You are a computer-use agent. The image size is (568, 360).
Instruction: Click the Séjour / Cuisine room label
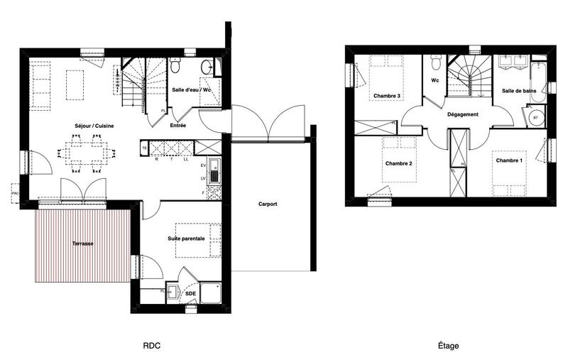coord(94,126)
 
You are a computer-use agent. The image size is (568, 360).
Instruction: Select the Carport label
coord(268,204)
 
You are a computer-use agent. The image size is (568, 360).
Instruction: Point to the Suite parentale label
coord(186,239)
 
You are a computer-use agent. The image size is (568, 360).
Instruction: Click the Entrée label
coord(179,126)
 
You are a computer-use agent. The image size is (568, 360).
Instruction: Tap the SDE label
coord(190,293)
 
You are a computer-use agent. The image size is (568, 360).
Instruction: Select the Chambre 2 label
coord(399,163)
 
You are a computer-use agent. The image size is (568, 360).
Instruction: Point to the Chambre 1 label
coord(509,161)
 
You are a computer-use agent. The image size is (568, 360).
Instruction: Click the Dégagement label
coord(462,114)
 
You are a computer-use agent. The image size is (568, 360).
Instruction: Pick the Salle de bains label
coord(518,91)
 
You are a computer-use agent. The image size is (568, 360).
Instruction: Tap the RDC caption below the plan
coord(151,346)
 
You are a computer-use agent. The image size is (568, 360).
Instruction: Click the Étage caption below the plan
coord(447,346)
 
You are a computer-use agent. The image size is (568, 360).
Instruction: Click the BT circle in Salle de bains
coord(535,118)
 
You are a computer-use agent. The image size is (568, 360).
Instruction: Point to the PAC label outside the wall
coord(15,192)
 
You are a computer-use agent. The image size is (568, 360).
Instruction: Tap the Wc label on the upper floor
coord(434,80)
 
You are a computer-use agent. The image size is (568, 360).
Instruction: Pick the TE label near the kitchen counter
coord(145,148)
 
